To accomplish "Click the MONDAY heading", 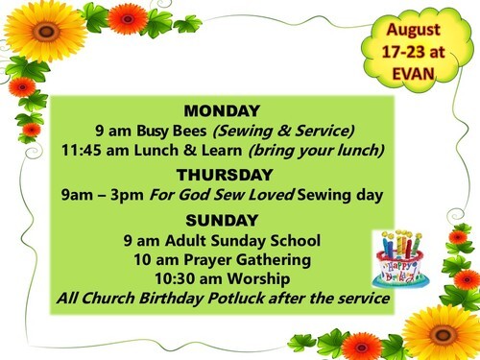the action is pyautogui.click(x=222, y=111).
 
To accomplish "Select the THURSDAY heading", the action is pyautogui.click(x=225, y=175).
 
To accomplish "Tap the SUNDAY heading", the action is pyautogui.click(x=222, y=221).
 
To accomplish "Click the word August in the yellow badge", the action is pyautogui.click(x=413, y=31).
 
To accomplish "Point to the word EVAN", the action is pyautogui.click(x=413, y=74).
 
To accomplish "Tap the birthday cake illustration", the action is pyautogui.click(x=400, y=259).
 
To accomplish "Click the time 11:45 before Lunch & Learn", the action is pyautogui.click(x=82, y=150).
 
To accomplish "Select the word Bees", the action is pyautogui.click(x=189, y=131).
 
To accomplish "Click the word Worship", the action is pyautogui.click(x=258, y=278).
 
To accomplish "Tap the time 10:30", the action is pyautogui.click(x=175, y=278).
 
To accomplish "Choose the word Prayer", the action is pyautogui.click(x=207, y=260).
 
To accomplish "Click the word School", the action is pyautogui.click(x=295, y=241).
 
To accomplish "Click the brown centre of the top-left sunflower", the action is pyautogui.click(x=46, y=32).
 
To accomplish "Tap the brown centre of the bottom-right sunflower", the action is pyautogui.click(x=443, y=335).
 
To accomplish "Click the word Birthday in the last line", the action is pyautogui.click(x=171, y=299).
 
